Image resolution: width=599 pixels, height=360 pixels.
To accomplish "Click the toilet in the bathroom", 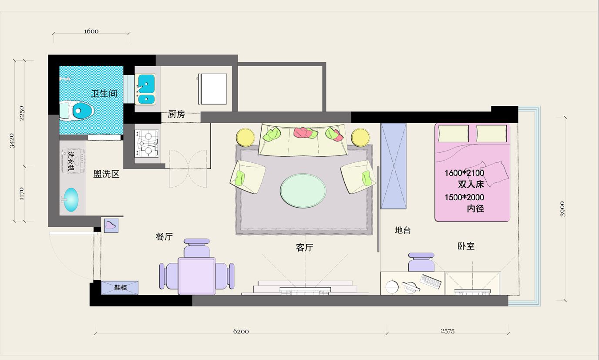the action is tap(77, 110).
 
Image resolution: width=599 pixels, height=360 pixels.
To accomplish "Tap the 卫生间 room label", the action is tap(104, 94).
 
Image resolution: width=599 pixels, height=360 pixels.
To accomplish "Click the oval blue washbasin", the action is tap(71, 199).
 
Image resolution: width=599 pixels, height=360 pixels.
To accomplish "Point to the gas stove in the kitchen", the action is tap(147, 143).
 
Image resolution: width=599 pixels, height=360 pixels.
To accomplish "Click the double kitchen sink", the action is tap(145, 89).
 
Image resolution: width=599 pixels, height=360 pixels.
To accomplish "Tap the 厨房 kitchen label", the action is tap(176, 114).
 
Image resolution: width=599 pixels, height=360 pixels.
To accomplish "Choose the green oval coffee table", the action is tap(303, 190).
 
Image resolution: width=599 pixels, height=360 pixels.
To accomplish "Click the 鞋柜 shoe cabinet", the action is tap(120, 288).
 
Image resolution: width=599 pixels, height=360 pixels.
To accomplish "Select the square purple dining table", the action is tap(197, 276).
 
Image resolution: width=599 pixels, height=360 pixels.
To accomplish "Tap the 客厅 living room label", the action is tap(304, 248).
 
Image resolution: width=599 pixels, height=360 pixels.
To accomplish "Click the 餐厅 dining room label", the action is tap(164, 236).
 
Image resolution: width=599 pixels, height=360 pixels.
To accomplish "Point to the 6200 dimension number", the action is tap(241, 331).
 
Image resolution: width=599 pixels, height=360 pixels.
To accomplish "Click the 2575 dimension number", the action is tap(448, 331).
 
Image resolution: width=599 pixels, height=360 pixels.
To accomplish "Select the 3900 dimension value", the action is tap(562, 209).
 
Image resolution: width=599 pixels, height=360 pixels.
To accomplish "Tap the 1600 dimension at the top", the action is tap(91, 31).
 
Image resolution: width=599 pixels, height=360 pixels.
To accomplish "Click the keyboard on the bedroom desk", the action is tap(431, 281).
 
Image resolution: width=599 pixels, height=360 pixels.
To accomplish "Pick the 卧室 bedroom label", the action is tap(466, 246).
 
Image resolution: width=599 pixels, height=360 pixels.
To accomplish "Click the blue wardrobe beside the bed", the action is tap(394, 166).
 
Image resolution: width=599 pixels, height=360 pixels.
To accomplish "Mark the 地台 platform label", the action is tap(403, 230).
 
